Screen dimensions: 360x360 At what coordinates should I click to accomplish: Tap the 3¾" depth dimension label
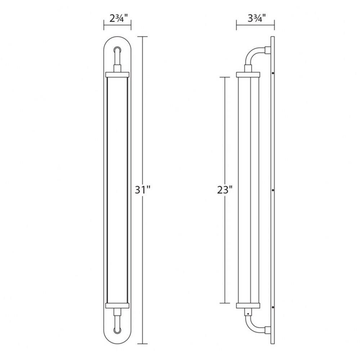(257, 18)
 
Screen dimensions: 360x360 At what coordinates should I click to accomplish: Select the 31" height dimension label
(143, 190)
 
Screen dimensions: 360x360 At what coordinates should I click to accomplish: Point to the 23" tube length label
(225, 190)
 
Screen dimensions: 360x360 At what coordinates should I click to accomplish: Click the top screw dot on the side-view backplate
(273, 73)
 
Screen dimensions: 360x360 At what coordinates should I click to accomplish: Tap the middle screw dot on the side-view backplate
(273, 190)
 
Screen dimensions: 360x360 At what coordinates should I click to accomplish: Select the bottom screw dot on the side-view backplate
(273, 307)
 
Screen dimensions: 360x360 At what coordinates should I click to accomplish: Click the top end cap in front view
(117, 75)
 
